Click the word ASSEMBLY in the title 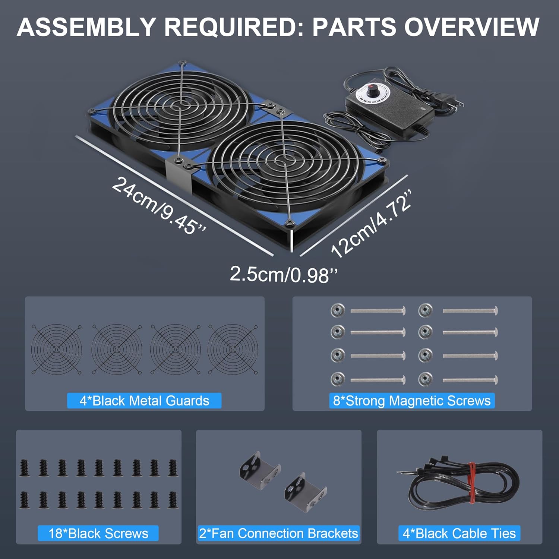tap(86, 27)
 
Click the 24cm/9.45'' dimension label tap(158, 206)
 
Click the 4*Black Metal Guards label tap(144, 401)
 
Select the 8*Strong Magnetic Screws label tap(412, 401)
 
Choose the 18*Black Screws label tap(98, 533)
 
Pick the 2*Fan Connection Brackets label tap(278, 533)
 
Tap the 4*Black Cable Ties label tap(459, 533)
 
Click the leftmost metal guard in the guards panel tap(57, 349)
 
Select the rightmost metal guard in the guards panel tap(233, 349)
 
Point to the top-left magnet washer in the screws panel tap(338, 310)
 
